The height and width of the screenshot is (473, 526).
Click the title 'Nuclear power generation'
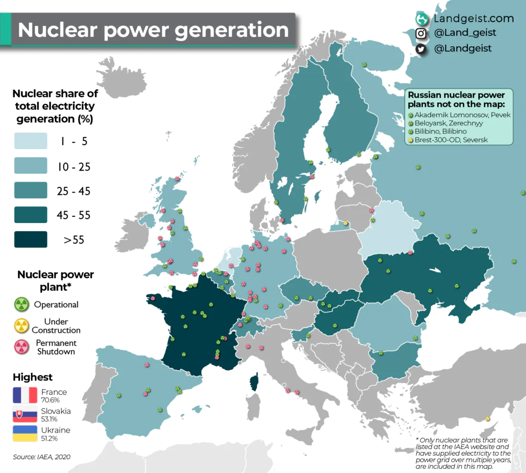(x=153, y=30)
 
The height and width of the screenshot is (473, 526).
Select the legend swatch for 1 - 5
(x=30, y=140)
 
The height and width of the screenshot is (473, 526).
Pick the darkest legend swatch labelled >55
(x=30, y=239)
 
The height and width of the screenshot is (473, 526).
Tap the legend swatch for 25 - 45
(x=30, y=190)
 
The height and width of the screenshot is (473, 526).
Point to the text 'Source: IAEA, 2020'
(x=42, y=457)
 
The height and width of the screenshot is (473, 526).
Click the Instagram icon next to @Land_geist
(x=421, y=33)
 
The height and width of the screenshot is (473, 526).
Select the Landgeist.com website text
(x=473, y=18)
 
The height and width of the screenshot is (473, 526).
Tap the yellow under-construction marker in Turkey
(x=487, y=419)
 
